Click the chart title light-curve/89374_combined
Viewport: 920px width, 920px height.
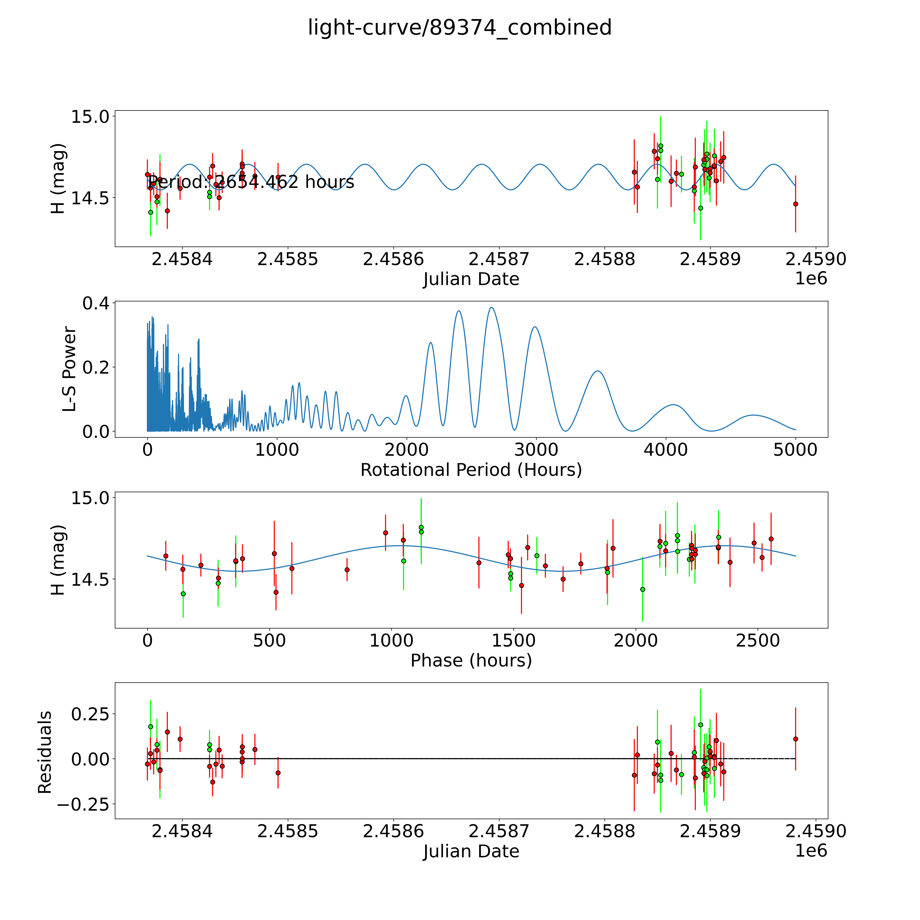(x=459, y=28)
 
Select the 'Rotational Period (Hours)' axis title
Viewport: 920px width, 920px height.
(x=471, y=470)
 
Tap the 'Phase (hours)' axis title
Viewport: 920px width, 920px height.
(x=471, y=661)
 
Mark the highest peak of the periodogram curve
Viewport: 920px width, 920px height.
(x=491, y=308)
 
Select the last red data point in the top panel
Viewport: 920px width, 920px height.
(x=795, y=204)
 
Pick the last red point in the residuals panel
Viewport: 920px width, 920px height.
(x=795, y=739)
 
